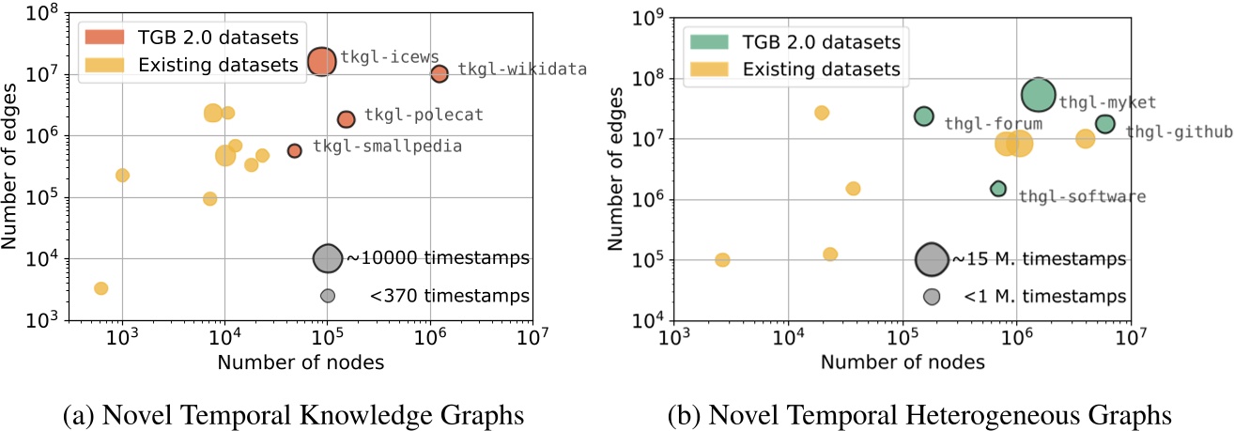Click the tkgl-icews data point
point(321,62)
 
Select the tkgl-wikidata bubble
point(439,73)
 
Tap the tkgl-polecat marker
point(346,119)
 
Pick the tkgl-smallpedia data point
point(295,150)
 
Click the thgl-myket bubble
point(1039,94)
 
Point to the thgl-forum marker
point(924,116)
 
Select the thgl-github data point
point(1105,124)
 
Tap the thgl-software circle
point(998,189)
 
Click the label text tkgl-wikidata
point(522,69)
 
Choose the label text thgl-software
point(1082,196)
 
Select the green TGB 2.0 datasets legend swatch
point(705,42)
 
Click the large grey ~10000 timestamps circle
point(327,258)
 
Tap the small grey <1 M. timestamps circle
point(932,297)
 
